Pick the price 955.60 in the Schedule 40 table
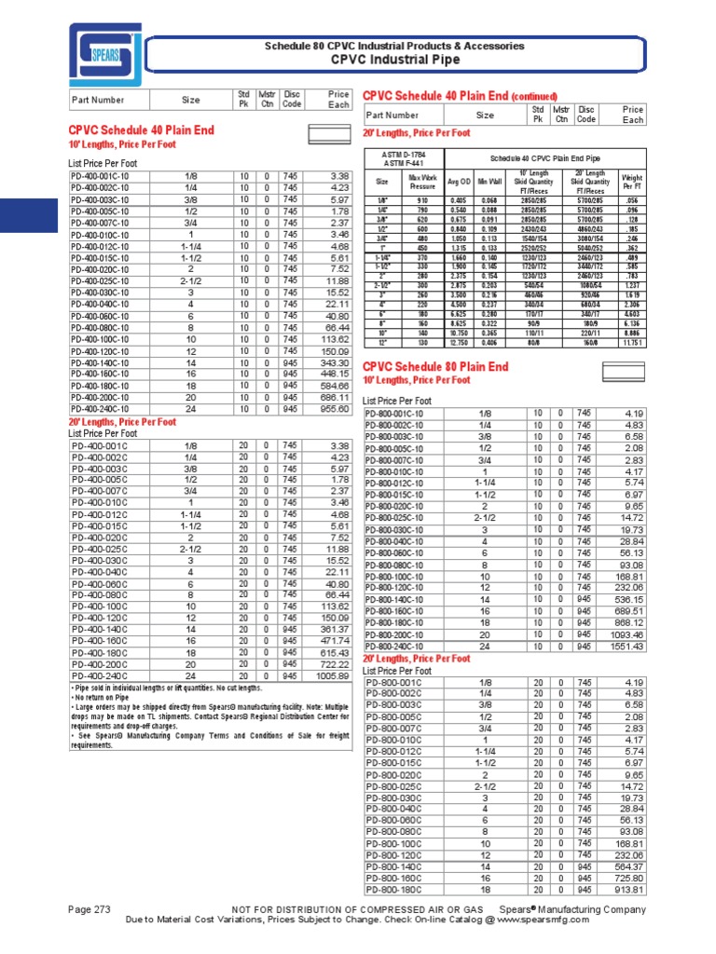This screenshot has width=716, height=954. (x=333, y=408)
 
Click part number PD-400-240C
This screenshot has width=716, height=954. (x=100, y=676)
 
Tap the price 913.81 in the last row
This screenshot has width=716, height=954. (x=626, y=890)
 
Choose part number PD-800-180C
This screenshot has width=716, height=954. (x=395, y=890)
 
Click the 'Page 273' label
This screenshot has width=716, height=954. (x=91, y=908)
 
